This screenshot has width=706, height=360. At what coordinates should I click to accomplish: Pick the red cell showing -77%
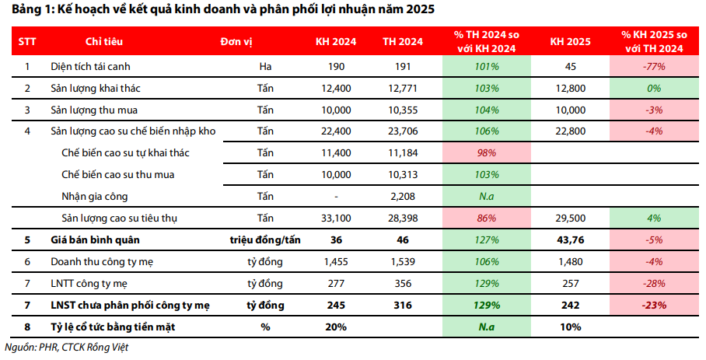(653, 67)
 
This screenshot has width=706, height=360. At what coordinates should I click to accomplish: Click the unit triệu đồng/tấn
(264, 240)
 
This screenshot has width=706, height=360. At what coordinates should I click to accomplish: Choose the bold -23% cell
(653, 306)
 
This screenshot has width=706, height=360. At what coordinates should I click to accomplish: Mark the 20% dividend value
(336, 327)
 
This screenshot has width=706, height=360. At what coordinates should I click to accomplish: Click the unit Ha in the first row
(265, 67)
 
